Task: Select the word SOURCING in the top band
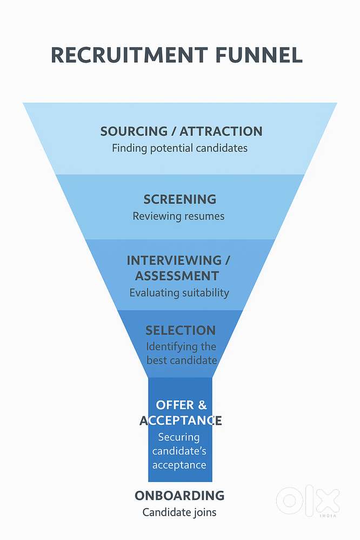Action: point(134,131)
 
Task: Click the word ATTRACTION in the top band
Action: point(221,131)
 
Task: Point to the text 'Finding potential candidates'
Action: point(179,148)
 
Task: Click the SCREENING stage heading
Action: point(180,199)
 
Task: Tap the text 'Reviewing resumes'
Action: point(179,216)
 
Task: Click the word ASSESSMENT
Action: point(177,276)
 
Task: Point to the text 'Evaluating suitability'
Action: point(179,293)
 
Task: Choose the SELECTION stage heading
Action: point(181,330)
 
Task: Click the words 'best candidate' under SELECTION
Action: point(182,360)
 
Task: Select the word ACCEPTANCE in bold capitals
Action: point(181,421)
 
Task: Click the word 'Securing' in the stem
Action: point(179,437)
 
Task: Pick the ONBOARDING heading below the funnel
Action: point(179,495)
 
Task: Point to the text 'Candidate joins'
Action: point(179,512)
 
